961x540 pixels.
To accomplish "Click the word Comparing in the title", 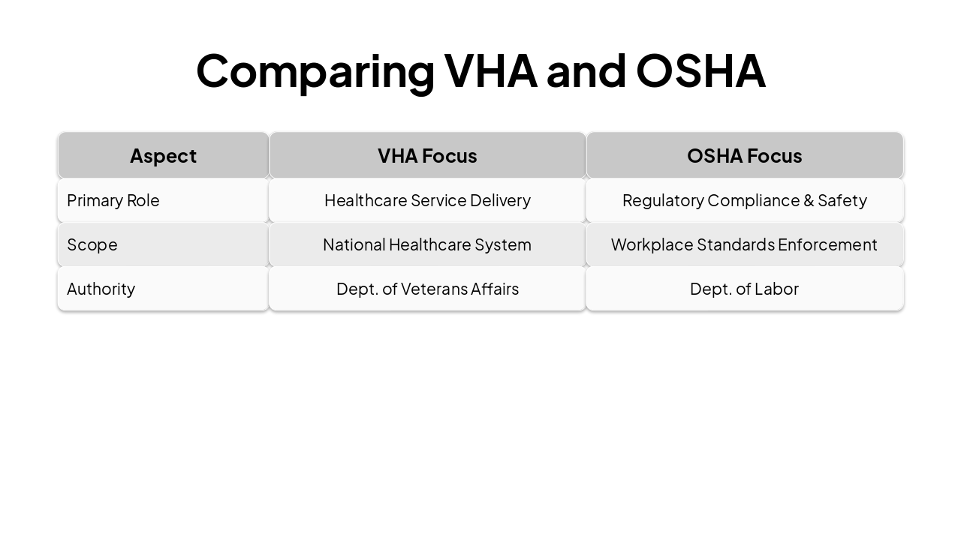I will pos(315,71).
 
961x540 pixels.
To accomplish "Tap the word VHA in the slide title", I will pos(491,70).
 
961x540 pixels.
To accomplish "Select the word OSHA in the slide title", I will pos(700,70).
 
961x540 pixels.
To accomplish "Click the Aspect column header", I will pos(163,156).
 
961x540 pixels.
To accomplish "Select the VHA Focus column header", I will pos(427,156).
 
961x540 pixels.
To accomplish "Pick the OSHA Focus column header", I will pos(744,156).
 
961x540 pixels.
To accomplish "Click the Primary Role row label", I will pos(113,200).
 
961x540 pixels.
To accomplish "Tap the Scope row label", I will pos(92,244).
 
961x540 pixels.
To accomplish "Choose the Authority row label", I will pos(101,289).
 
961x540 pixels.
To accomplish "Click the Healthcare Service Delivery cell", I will pos(427,200).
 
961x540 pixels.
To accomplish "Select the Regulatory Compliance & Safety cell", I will pos(744,200).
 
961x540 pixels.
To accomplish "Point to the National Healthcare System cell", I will pos(427,244).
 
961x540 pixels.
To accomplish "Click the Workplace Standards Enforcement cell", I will pos(744,244).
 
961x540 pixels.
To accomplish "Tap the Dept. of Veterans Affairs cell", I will pos(427,289).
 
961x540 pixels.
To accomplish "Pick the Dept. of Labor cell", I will pos(744,289).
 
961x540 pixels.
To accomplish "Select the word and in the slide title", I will pos(586,70).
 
